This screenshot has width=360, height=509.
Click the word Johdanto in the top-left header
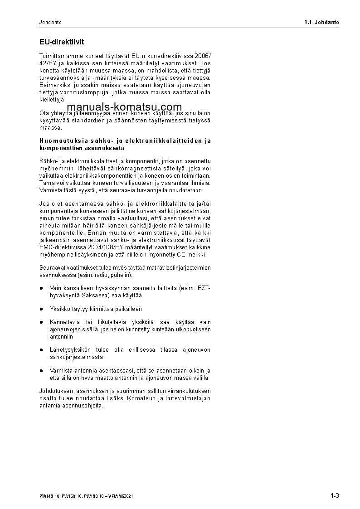coord(50,22)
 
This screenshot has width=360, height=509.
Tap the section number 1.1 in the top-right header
coord(308,22)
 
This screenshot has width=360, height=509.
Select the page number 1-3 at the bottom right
coord(335,495)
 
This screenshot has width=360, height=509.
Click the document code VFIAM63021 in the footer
coord(121,496)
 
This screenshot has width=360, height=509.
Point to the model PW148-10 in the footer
coord(49,496)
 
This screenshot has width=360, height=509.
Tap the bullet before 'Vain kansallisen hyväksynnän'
coord(41,288)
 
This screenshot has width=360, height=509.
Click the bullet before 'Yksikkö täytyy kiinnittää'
coord(41,309)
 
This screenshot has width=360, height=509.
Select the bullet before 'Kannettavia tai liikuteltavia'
coord(41,322)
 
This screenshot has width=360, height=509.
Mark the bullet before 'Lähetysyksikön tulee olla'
coord(41,350)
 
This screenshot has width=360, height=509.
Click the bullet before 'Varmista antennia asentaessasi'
coord(41,371)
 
